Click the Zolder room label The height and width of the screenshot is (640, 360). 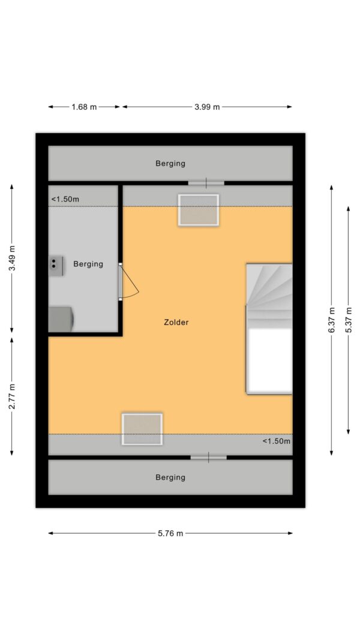coord(176,322)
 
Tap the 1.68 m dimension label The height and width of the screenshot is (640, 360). coord(85,107)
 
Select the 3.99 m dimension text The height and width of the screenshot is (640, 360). coord(207,107)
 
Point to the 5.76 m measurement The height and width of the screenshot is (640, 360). coord(170,533)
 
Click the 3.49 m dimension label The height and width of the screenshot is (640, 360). coord(12,258)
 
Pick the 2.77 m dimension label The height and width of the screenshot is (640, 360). coord(12,396)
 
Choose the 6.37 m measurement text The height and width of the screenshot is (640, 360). coord(331,320)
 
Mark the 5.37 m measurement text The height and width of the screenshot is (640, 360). coord(348,320)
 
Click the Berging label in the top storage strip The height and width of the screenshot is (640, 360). coord(170,164)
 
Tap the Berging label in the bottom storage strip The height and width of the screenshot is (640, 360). coord(170,477)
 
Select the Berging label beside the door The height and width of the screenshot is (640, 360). coord(88,264)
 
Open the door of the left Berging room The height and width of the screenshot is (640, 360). coord(128,282)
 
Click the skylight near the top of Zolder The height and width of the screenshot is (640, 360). coord(199,210)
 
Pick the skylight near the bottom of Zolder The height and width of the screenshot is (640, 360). coord(142,429)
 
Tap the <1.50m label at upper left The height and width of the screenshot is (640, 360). coord(65,199)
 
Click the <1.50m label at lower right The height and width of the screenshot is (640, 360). coord(277,441)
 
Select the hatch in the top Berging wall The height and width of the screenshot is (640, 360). coord(206,183)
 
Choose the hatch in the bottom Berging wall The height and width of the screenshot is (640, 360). coord(209,458)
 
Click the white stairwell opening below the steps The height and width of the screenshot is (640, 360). coord(269,361)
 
